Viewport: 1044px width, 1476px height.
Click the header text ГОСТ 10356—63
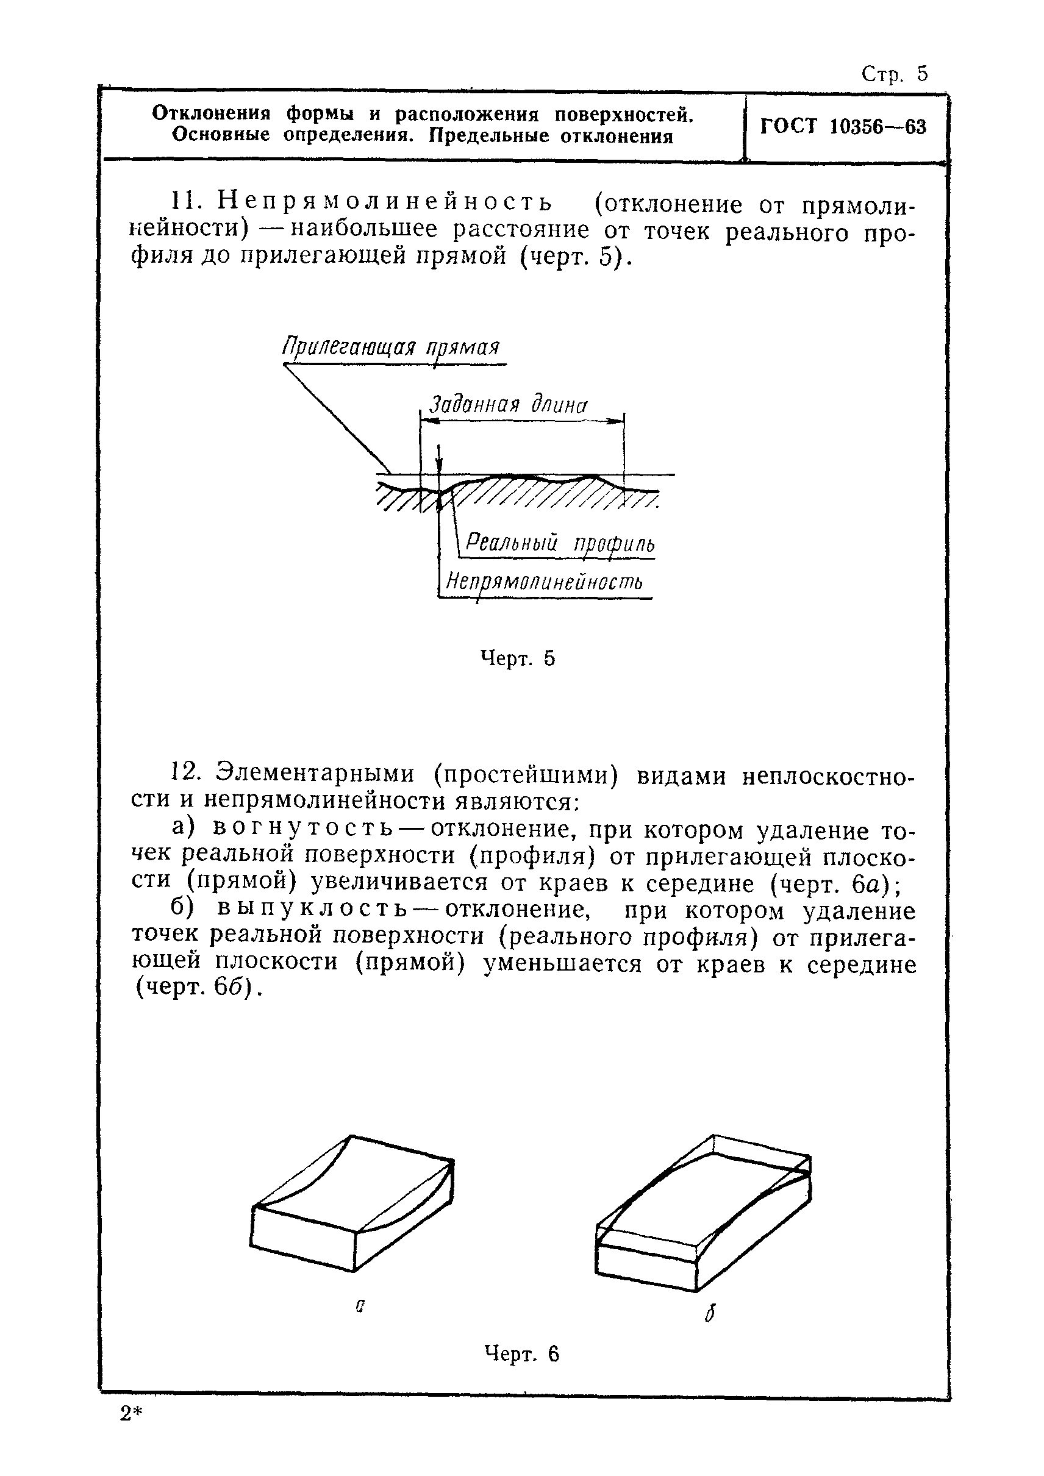click(843, 127)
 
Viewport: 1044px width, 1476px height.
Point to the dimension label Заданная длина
click(508, 405)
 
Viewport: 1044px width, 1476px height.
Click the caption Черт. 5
click(518, 658)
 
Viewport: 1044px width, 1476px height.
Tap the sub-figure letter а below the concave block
click(360, 1307)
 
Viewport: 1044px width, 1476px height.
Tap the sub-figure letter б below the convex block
click(709, 1313)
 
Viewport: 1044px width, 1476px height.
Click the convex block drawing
click(704, 1208)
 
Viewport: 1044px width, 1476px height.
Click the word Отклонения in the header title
click(211, 114)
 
